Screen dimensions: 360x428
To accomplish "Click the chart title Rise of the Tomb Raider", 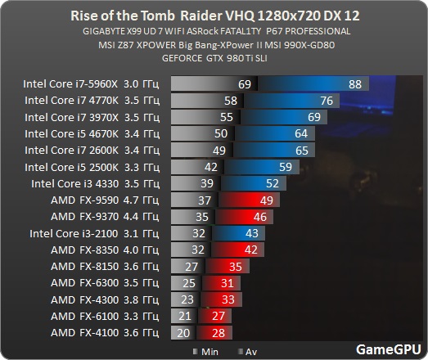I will (214, 16).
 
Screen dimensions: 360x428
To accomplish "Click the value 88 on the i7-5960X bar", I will (354, 84).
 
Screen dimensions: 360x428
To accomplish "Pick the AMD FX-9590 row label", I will (104, 200).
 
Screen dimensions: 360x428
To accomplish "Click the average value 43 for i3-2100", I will (252, 233).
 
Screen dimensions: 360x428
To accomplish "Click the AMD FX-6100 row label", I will (104, 317).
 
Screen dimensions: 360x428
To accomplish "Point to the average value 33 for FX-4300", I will (228, 300).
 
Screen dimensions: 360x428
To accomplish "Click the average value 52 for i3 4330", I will (272, 183).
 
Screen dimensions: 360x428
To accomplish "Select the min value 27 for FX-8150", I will (193, 267).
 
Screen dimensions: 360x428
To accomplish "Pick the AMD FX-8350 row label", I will (104, 250).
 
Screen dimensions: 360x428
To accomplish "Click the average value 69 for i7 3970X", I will (313, 117).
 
